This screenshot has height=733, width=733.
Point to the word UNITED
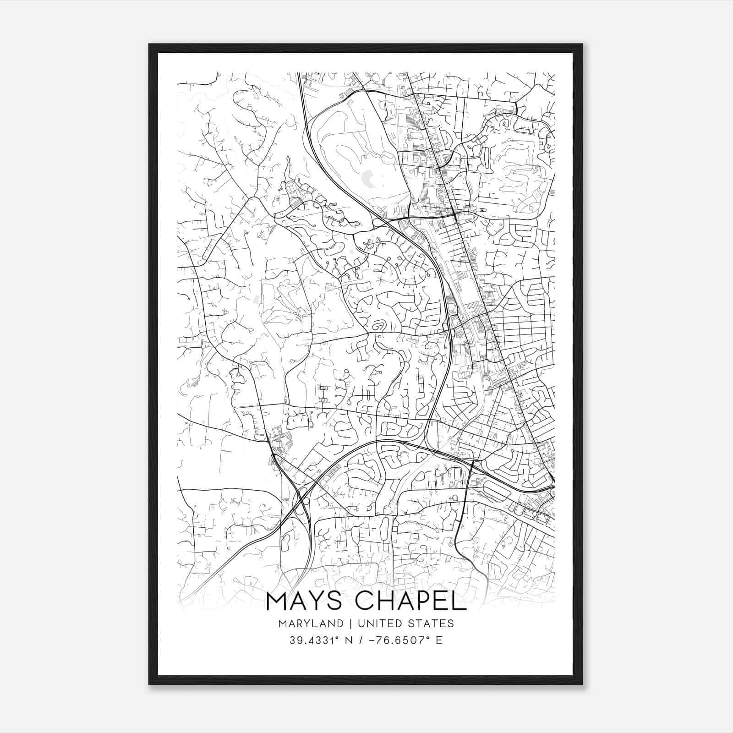point(377,624)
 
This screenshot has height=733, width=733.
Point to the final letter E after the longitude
point(439,640)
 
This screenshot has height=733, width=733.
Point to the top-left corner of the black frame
point(149,44)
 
